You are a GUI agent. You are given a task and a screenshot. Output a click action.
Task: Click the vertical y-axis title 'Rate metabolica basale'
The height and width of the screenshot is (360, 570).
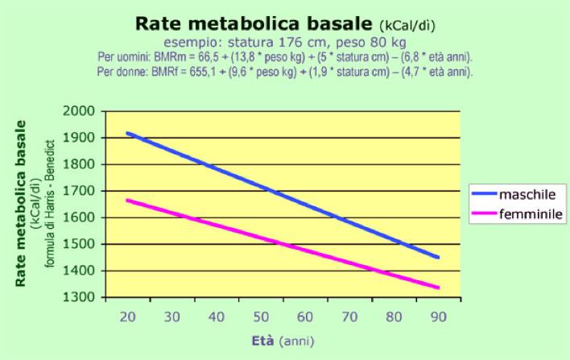[x=22, y=205]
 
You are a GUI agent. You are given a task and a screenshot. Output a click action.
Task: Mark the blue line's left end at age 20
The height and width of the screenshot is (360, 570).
[x=127, y=133]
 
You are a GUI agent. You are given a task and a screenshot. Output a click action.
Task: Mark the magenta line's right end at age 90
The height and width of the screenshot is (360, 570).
[x=438, y=287]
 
